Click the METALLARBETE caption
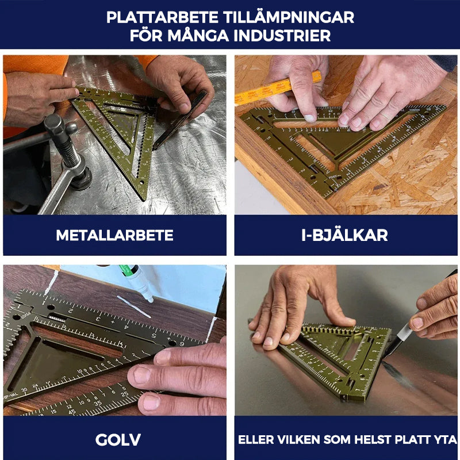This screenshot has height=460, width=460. (114, 235)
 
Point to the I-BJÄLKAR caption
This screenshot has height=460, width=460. (346, 235)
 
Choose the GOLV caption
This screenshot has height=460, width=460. (114, 440)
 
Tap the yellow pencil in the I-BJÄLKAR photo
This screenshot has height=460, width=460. (276, 89)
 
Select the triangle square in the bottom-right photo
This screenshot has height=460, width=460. (339, 356)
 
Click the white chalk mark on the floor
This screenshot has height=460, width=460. (133, 307)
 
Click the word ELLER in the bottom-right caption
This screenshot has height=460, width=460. (257, 440)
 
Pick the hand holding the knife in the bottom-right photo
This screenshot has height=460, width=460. (437, 313)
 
